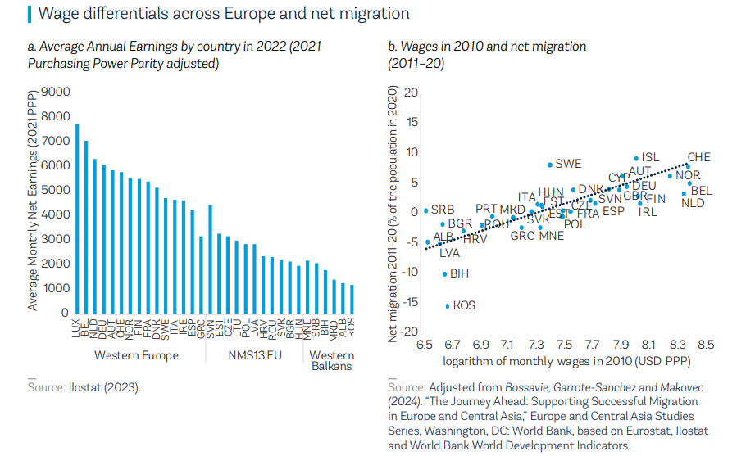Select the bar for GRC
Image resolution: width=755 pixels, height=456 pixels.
201,274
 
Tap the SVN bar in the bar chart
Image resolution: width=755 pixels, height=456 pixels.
210,259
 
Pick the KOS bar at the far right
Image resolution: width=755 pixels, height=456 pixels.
352,299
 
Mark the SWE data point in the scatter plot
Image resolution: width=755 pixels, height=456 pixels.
549,165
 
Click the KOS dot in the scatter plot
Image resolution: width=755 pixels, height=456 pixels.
448,305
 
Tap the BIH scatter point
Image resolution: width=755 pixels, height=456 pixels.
444,273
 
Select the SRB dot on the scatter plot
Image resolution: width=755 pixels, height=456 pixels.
425,210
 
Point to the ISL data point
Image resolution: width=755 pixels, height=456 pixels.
636,158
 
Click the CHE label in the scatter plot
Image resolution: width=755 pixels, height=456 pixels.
698,157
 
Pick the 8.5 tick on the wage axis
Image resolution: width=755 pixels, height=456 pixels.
706,345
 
